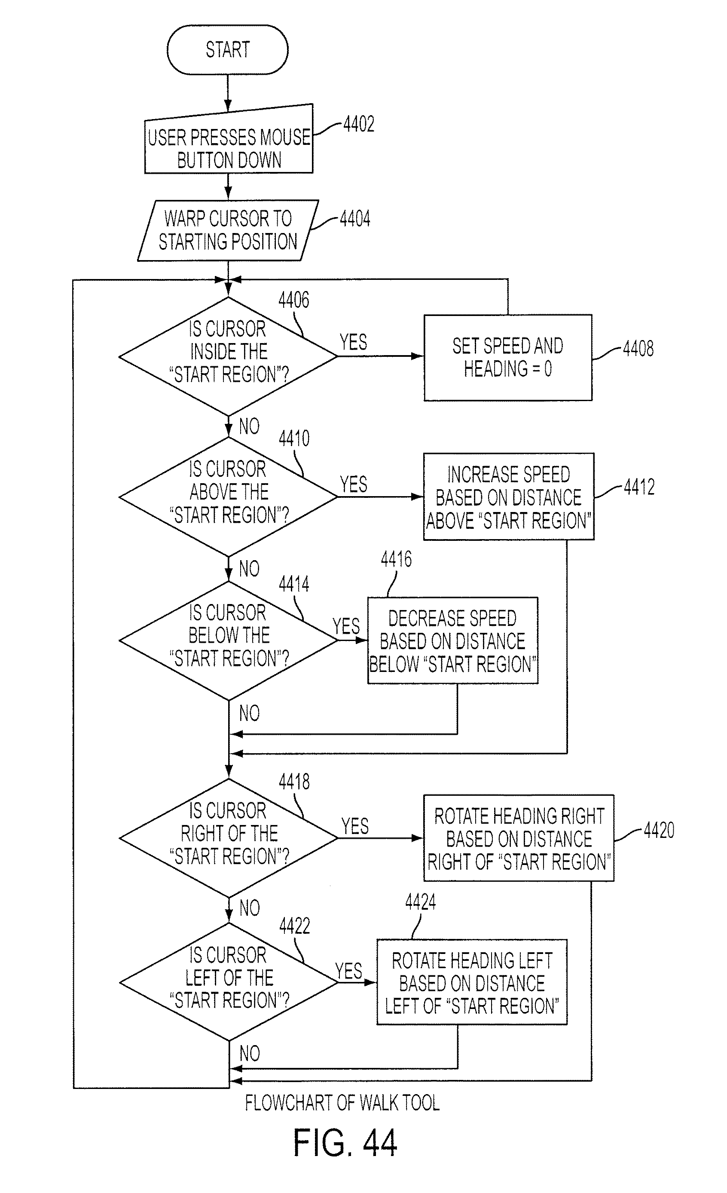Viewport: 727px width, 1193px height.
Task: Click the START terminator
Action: click(x=227, y=50)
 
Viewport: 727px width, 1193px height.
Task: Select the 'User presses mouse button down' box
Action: click(x=229, y=139)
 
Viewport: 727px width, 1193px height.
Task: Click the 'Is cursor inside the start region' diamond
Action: click(x=229, y=356)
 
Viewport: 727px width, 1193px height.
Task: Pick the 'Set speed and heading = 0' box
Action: click(x=508, y=357)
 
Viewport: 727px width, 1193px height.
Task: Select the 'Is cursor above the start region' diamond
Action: click(x=229, y=497)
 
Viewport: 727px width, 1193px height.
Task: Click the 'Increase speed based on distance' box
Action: click(x=509, y=496)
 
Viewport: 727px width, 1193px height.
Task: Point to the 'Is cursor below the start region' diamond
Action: click(x=229, y=640)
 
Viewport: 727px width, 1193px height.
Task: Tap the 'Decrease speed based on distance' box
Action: click(x=452, y=640)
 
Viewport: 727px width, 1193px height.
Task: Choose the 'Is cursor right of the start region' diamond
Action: click(x=229, y=838)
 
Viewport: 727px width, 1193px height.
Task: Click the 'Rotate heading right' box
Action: click(x=519, y=838)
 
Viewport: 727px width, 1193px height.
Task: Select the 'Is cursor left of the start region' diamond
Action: click(x=229, y=982)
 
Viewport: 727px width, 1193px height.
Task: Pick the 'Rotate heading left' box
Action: click(x=472, y=982)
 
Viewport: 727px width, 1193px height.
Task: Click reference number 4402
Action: click(x=359, y=124)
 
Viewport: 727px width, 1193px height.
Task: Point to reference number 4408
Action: click(x=638, y=349)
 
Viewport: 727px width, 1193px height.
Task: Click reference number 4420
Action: click(x=659, y=830)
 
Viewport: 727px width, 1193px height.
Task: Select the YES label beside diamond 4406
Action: click(x=353, y=342)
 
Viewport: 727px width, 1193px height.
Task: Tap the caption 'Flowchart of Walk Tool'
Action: click(x=342, y=1103)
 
